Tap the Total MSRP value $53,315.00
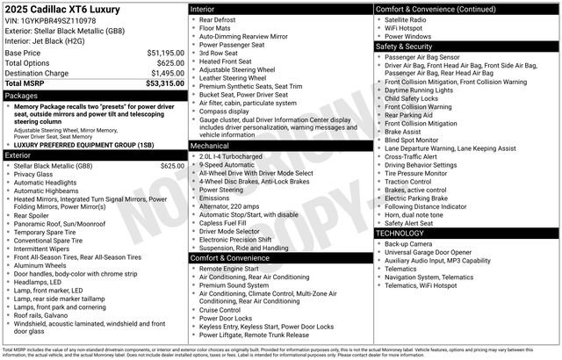pos(163,83)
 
